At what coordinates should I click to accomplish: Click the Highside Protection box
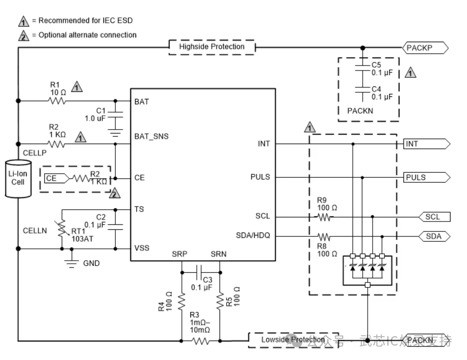[212, 47]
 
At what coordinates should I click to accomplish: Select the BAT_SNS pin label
[151, 136]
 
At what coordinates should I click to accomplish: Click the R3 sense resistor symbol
[200, 341]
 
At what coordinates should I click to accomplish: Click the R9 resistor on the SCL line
[324, 217]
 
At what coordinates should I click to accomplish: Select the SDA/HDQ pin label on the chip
[253, 235]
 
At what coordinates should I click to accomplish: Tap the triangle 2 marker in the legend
[23, 35]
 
